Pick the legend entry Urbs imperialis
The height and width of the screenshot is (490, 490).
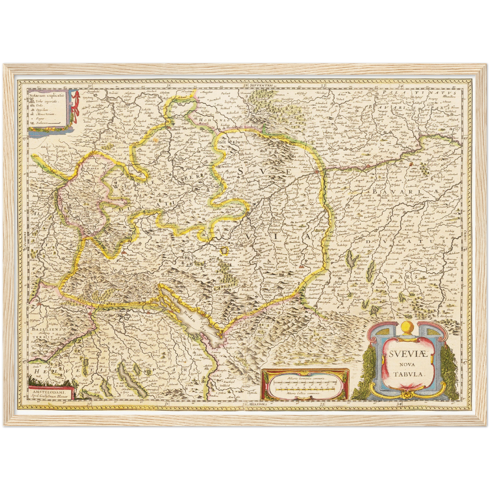[x=47, y=101]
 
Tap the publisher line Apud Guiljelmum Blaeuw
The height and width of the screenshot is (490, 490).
[x=50, y=396]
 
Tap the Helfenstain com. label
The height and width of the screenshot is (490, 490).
[x=240, y=200]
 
